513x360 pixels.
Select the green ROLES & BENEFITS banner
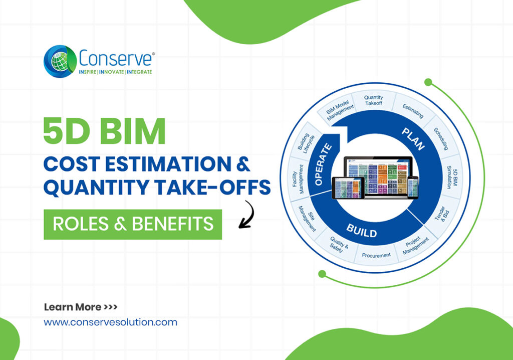(133, 224)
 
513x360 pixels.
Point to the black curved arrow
(247, 215)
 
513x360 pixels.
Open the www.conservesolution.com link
(111, 322)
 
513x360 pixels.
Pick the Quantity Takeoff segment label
(374, 100)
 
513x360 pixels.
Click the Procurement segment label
(377, 255)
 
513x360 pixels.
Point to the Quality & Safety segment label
(337, 244)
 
